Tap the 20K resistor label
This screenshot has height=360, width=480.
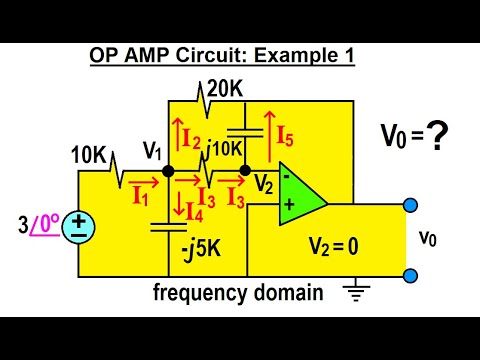(x=226, y=88)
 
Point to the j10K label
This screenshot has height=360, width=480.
(x=222, y=150)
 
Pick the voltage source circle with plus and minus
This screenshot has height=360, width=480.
(x=78, y=228)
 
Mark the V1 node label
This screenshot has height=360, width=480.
(x=152, y=151)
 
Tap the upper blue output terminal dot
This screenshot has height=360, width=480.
(x=410, y=205)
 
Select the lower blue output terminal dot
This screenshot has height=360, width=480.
(x=410, y=275)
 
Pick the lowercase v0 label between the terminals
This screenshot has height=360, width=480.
(x=427, y=239)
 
